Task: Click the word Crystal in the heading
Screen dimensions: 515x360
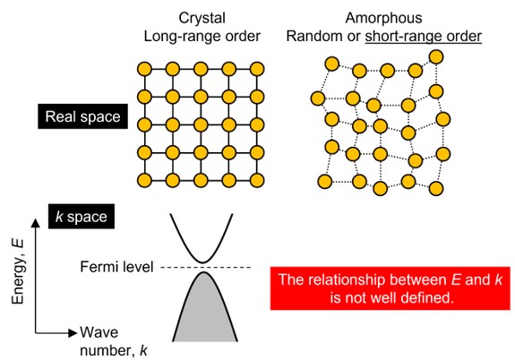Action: tap(202, 19)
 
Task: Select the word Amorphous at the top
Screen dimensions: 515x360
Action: tap(383, 18)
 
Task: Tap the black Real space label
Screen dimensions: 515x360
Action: tap(82, 116)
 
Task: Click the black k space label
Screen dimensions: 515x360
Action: tap(82, 217)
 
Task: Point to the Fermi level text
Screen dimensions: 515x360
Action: tap(117, 267)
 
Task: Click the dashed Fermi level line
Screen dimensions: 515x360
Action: tap(206, 268)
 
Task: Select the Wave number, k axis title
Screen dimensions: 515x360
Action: tap(114, 341)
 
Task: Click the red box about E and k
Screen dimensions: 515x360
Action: tap(391, 288)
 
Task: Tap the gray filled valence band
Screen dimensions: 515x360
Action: tap(204, 312)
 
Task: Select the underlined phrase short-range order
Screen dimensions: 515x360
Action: tap(424, 37)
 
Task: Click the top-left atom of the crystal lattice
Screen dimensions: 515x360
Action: tap(144, 69)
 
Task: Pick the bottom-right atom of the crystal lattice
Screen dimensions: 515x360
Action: tap(257, 180)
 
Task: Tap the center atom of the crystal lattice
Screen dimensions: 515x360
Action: tap(201, 124)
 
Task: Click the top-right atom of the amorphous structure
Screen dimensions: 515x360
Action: tap(436, 56)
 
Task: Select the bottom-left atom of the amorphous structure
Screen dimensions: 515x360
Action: tap(325, 182)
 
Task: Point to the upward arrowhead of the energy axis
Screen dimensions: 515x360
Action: tap(36, 223)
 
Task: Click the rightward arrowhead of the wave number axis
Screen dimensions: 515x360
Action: tap(73, 333)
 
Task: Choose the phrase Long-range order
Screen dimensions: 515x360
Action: tap(202, 37)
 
